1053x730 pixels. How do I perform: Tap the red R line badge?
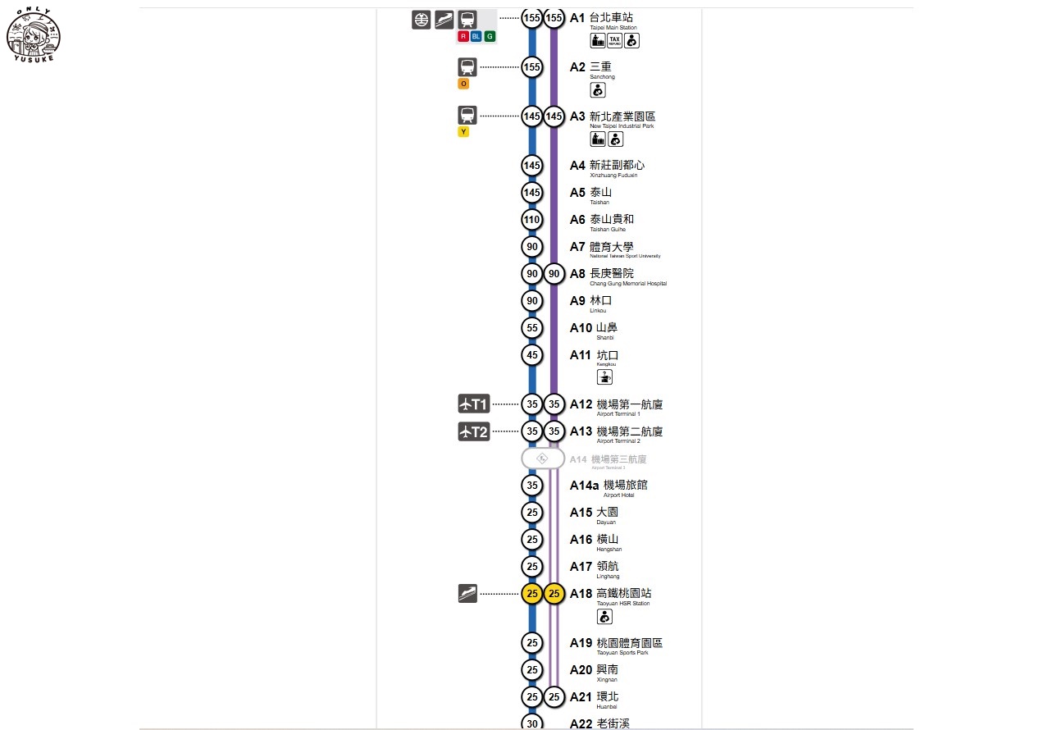tap(463, 37)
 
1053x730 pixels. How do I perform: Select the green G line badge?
tap(490, 37)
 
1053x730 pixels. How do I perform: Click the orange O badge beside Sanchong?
tap(463, 84)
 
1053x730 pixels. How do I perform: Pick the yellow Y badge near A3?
tap(463, 132)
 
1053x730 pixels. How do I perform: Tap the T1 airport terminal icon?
tap(473, 404)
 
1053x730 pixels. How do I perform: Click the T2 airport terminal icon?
tap(473, 431)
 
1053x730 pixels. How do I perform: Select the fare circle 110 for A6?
tap(532, 220)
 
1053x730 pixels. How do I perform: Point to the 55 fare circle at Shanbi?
tap(532, 328)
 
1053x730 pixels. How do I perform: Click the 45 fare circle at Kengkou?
tap(532, 355)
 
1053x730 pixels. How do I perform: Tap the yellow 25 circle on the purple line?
tap(554, 594)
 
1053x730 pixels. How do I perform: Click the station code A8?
tap(578, 274)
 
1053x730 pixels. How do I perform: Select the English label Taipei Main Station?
tap(613, 28)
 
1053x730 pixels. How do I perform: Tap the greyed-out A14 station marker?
tap(543, 459)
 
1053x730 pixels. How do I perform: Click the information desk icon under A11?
tap(604, 377)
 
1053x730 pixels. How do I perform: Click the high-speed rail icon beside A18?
tap(467, 593)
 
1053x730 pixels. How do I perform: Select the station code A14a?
tap(585, 486)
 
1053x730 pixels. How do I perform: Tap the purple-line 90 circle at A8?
tap(554, 274)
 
